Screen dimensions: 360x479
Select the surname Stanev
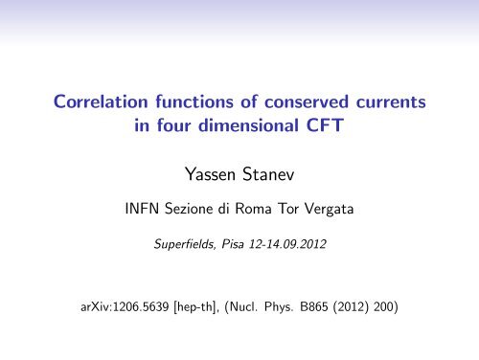point(274,174)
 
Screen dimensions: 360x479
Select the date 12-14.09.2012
point(291,245)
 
